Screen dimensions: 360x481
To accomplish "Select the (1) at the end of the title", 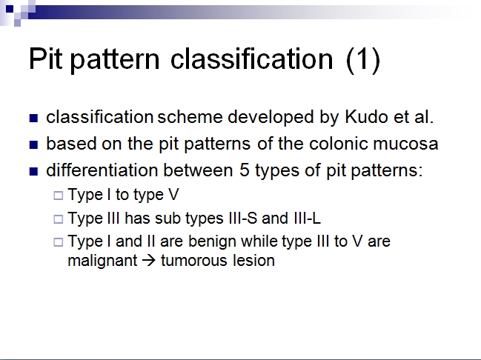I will click(362, 60).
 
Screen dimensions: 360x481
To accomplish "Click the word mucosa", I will click(408, 144).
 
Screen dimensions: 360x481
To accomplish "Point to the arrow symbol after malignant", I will click(147, 261).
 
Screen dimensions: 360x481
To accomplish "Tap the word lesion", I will click(253, 261).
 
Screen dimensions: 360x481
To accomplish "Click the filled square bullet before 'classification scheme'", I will click(33, 119).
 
